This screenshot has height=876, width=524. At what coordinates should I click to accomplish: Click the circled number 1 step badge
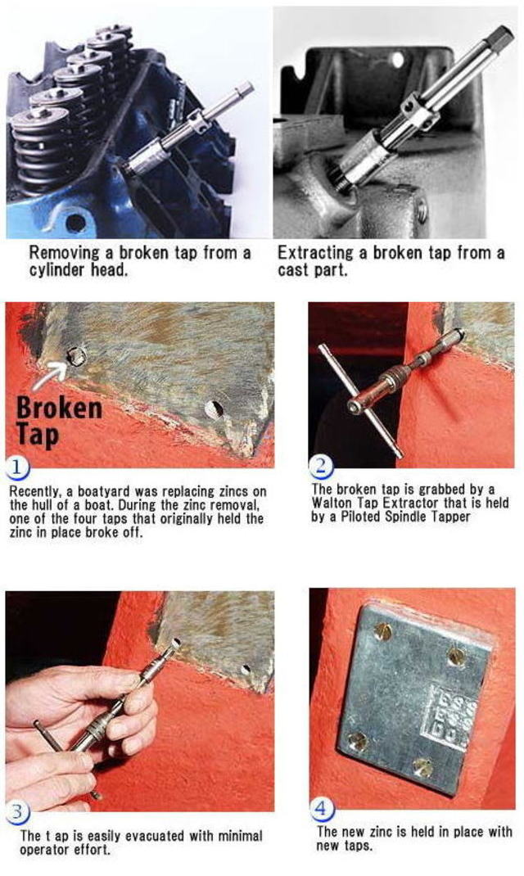17,467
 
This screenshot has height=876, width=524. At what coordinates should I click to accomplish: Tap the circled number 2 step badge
321,466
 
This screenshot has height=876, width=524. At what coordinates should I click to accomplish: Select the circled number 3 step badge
17,811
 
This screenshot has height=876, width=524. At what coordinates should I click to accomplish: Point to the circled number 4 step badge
321,808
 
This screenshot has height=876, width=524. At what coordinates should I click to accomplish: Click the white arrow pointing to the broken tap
50,373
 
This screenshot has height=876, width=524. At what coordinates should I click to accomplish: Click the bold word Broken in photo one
59,408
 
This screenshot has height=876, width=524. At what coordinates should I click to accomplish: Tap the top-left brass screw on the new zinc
383,631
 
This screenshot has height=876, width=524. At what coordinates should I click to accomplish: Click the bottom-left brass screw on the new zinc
358,741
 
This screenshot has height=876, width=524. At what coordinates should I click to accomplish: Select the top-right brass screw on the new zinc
457,657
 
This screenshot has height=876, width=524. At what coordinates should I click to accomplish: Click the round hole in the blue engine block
75,223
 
